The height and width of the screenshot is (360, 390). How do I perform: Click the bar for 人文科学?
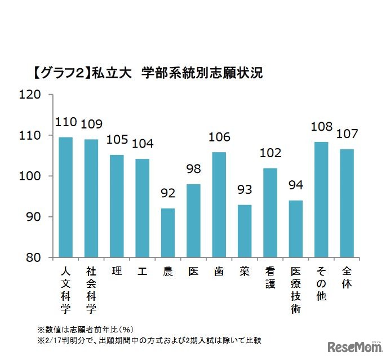coord(65,197)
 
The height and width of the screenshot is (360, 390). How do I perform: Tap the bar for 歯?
coord(219,205)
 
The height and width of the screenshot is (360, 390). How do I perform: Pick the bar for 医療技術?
coord(295,229)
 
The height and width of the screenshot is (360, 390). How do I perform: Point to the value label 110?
coord(65,122)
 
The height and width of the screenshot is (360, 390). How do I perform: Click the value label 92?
coord(168,194)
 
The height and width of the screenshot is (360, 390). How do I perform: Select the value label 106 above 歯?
coord(219,137)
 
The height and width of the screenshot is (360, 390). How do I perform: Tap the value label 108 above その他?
coord(321,127)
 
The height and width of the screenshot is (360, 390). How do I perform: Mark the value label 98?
coord(193,170)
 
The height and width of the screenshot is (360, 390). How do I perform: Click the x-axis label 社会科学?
coord(91,290)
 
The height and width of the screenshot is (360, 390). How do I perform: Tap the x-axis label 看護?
coord(270,278)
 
